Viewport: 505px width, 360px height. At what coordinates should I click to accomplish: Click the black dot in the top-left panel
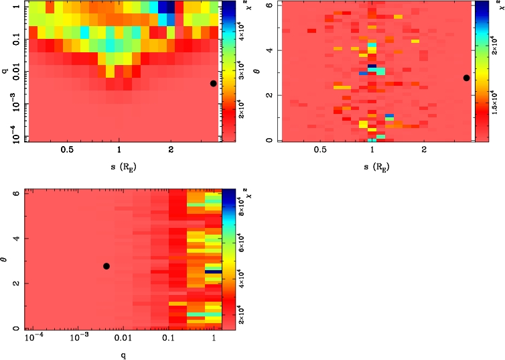pyautogui.click(x=213, y=83)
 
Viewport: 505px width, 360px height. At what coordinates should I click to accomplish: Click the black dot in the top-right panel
pyautogui.click(x=466, y=78)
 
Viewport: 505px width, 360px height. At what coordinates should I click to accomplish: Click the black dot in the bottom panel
pyautogui.click(x=106, y=266)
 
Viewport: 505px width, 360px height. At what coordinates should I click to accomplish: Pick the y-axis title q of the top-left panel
pyautogui.click(x=5, y=70)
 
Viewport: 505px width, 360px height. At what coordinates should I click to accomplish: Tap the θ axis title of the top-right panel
pyautogui.click(x=260, y=70)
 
